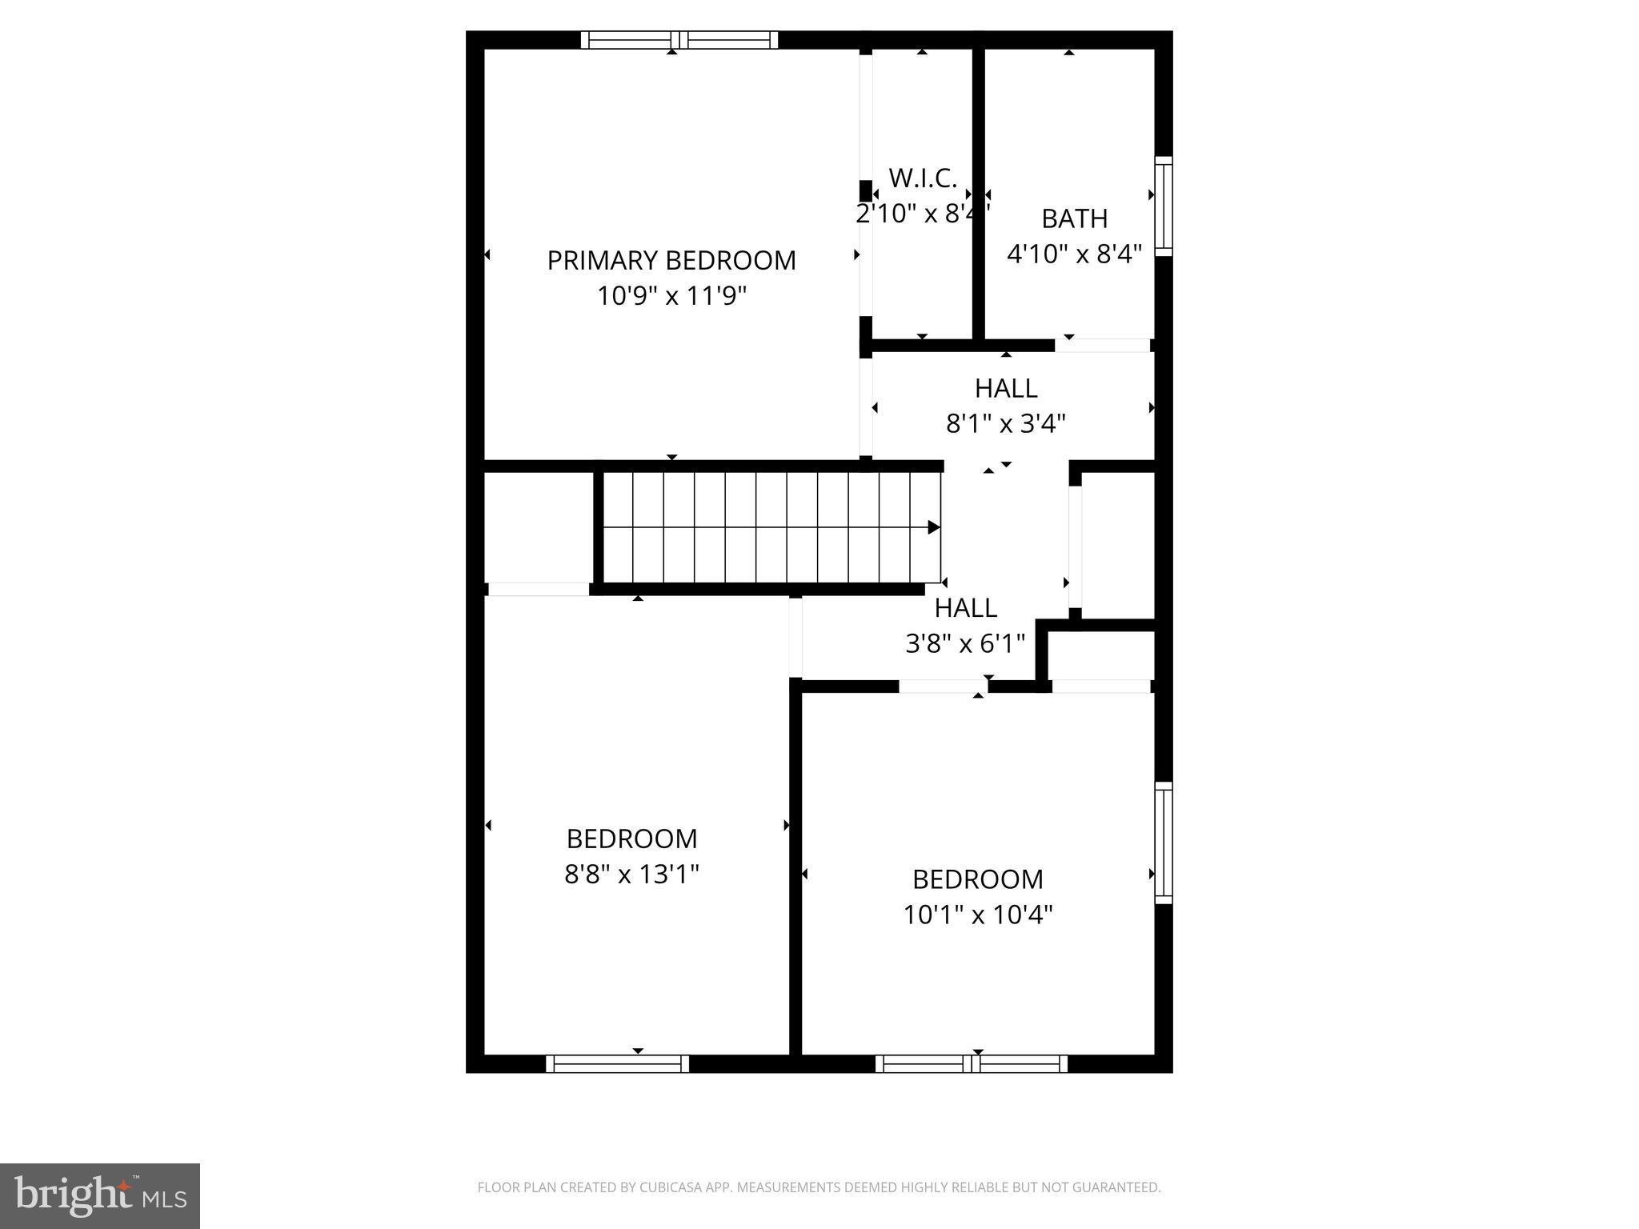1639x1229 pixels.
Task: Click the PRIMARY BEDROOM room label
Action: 671,261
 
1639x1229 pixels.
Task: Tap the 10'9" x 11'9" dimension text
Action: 671,296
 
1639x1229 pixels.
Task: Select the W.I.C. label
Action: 923,178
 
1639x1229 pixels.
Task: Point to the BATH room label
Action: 1074,218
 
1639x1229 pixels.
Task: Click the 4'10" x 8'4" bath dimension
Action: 1074,254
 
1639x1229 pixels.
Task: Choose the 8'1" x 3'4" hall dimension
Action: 1006,423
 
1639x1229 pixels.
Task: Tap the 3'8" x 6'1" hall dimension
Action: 965,643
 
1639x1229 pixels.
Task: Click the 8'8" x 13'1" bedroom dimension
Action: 631,874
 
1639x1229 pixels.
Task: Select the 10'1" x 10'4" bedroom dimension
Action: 978,915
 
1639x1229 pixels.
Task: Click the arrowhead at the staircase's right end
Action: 933,527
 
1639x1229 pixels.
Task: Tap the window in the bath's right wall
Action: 1164,206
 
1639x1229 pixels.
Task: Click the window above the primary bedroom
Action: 679,40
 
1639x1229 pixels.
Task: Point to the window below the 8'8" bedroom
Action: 617,1063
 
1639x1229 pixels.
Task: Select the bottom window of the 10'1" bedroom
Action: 972,1063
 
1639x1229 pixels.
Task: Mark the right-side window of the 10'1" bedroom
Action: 1164,843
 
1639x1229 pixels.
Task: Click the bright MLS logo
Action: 99,1195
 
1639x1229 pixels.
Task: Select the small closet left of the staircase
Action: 538,528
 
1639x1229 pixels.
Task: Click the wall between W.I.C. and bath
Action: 978,192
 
